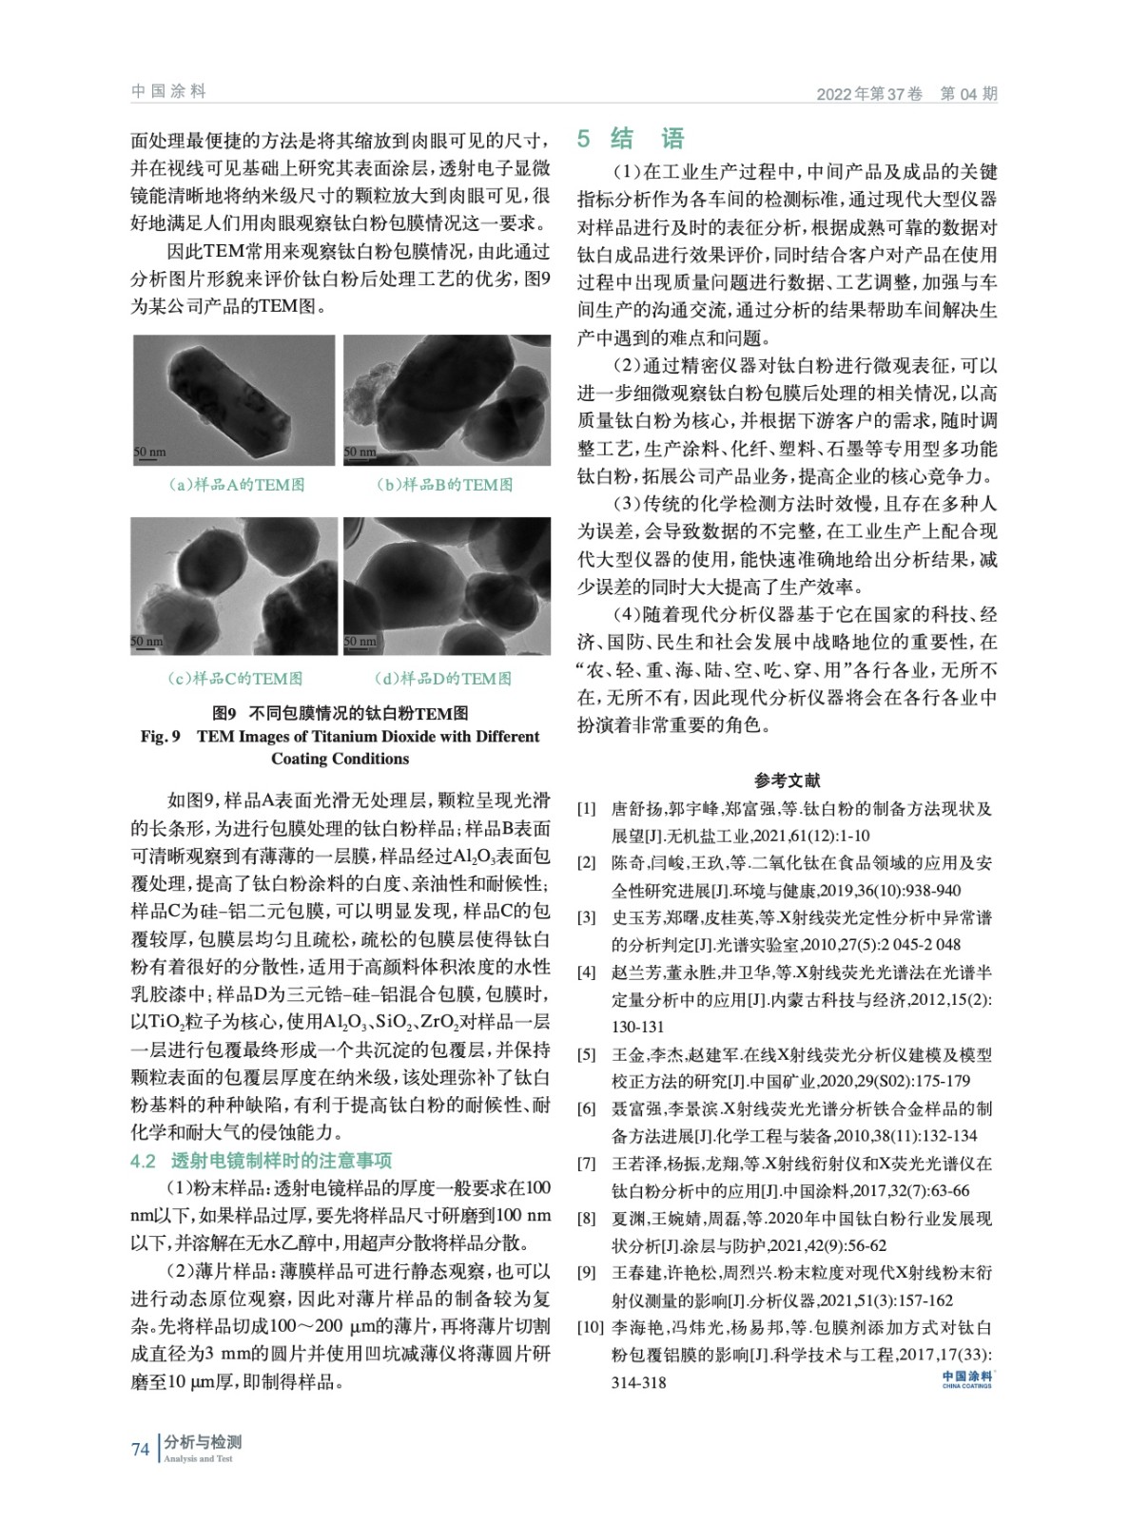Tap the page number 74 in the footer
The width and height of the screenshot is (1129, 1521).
141,1449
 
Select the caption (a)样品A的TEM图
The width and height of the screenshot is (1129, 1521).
236,485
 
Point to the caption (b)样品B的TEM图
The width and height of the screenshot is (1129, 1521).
444,485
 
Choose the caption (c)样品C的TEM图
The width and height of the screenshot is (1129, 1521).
234,678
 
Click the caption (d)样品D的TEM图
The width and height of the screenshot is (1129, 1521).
443,678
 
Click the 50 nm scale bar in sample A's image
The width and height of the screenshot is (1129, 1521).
148,452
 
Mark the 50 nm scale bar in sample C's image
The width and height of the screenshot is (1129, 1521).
147,643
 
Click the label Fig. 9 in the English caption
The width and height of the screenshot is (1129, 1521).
160,737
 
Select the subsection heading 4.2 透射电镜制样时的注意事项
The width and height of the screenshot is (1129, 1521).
261,1161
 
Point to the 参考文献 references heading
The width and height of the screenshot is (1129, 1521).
787,780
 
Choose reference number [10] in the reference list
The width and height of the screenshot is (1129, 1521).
590,1328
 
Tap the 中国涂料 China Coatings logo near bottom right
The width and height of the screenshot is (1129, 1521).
966,1378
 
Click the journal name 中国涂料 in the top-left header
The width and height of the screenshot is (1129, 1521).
168,91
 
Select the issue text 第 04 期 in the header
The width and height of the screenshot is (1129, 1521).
968,94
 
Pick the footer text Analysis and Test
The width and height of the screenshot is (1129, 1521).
198,1458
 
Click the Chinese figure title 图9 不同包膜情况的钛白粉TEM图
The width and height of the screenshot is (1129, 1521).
340,713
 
